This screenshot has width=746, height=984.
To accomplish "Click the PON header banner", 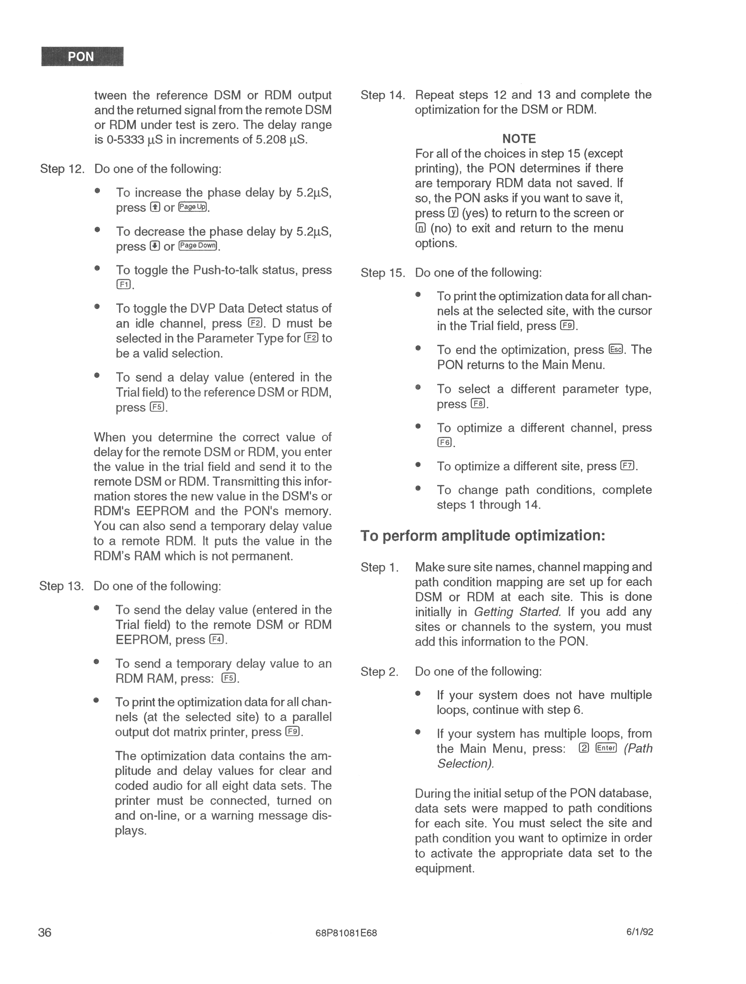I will (82, 56).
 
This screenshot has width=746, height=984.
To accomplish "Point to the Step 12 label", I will (62, 169).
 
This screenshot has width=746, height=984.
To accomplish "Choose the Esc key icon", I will (616, 350).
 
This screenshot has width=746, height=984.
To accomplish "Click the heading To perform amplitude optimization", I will (483, 536).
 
